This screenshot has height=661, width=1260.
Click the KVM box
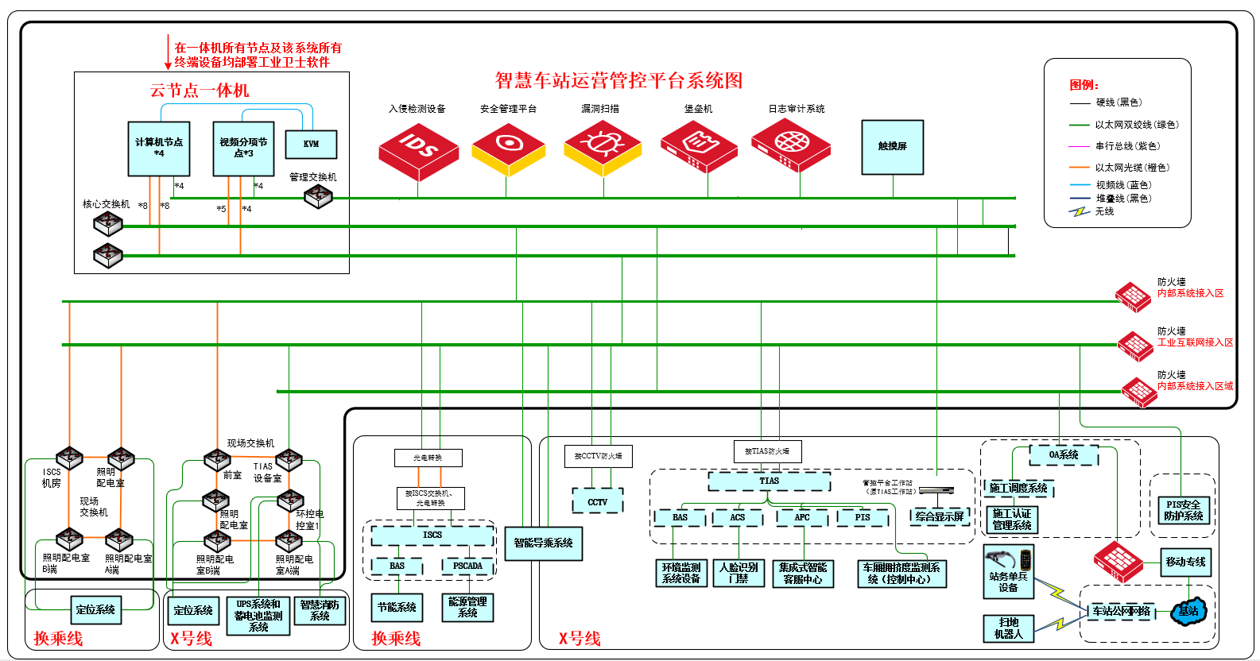pyautogui.click(x=311, y=144)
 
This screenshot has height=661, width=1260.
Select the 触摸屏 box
pyautogui.click(x=893, y=147)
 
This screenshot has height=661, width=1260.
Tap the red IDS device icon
pyautogui.click(x=418, y=149)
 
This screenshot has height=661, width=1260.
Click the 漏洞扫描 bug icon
pyautogui.click(x=602, y=149)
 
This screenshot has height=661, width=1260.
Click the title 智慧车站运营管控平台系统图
pyautogui.click(x=618, y=80)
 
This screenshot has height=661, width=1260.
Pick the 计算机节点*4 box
pyautogui.click(x=159, y=149)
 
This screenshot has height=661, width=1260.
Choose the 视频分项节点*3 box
pyautogui.click(x=243, y=149)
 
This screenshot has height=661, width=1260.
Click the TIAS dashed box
pyautogui.click(x=769, y=481)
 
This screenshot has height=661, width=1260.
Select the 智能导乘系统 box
pyautogui.click(x=543, y=543)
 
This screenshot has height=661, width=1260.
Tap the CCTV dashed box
pyautogui.click(x=597, y=501)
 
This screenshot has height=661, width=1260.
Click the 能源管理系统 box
pyautogui.click(x=467, y=608)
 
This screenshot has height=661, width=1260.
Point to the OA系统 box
pyautogui.click(x=1064, y=455)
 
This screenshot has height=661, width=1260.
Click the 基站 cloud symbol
pyautogui.click(x=1188, y=611)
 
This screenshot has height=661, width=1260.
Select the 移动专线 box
pyautogui.click(x=1185, y=562)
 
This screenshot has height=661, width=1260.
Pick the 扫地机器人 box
pyautogui.click(x=1008, y=628)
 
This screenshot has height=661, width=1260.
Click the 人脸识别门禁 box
pyautogui.click(x=739, y=573)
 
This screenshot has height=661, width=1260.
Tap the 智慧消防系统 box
pyautogui.click(x=320, y=610)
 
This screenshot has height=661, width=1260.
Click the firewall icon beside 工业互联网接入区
pyautogui.click(x=1135, y=345)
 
